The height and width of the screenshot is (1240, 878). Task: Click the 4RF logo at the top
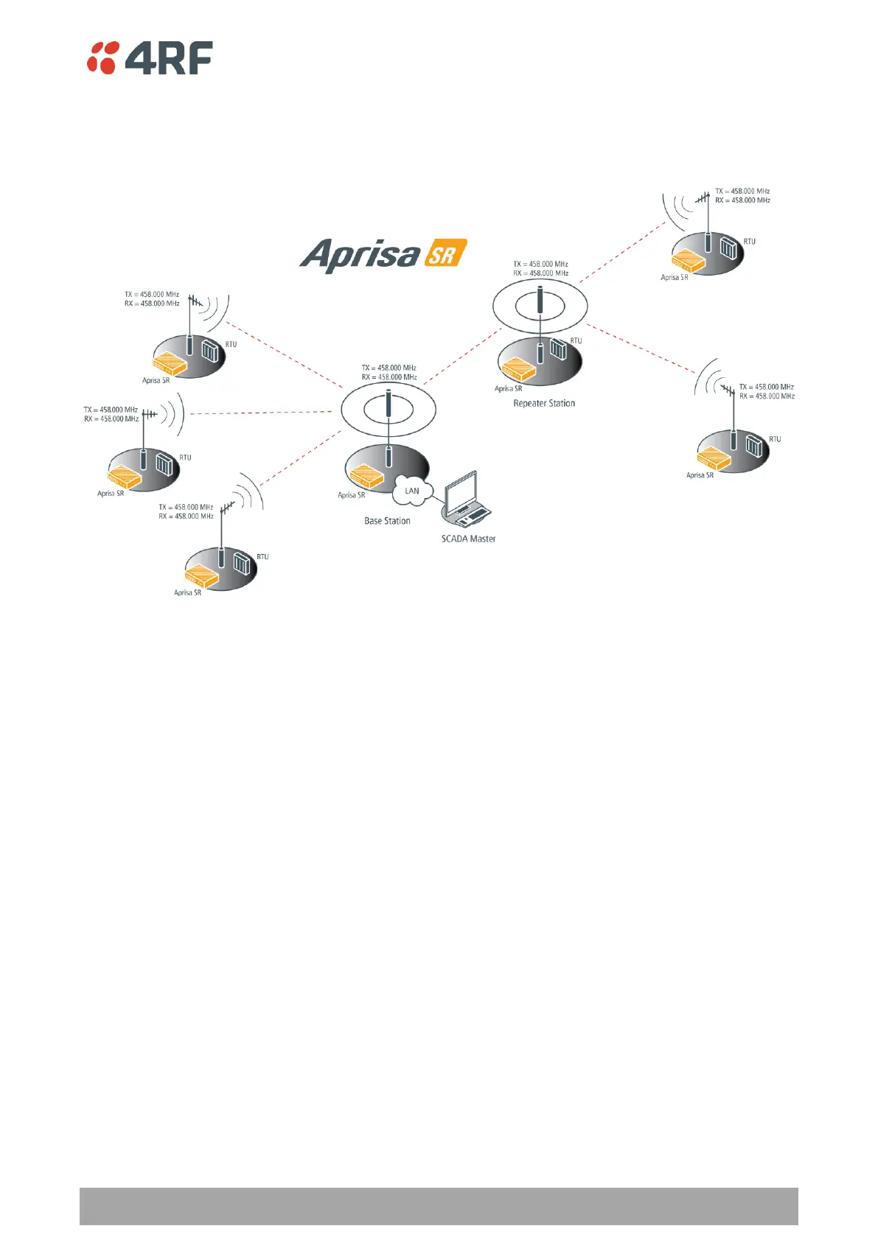(150, 57)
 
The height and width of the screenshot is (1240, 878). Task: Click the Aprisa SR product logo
(383, 255)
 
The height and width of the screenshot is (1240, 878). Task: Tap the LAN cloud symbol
(412, 491)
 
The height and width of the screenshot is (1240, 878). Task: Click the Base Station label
(387, 521)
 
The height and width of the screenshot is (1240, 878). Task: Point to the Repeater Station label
(544, 404)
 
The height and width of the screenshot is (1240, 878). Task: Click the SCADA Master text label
(468, 539)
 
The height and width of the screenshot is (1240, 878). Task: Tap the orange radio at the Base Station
(366, 476)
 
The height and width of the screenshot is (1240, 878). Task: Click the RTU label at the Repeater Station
(576, 341)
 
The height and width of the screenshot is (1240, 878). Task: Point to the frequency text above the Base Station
(389, 372)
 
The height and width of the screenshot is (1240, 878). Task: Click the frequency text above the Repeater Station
(541, 268)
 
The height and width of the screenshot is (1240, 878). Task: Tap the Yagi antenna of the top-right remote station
(703, 197)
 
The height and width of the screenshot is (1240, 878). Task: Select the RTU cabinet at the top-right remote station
(728, 248)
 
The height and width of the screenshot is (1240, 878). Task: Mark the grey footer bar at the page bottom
(439, 1205)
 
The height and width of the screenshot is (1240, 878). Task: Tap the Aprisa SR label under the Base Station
(351, 495)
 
